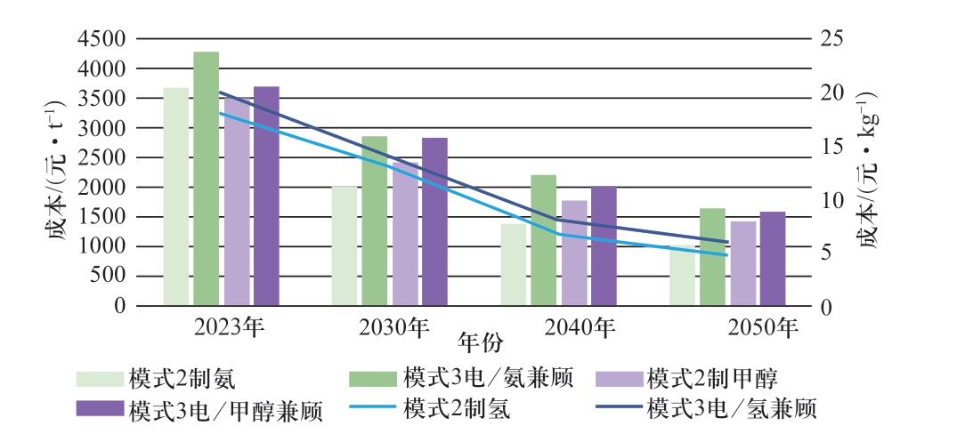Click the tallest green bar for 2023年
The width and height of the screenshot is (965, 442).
click(207, 178)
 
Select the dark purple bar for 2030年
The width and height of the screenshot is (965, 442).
click(434, 222)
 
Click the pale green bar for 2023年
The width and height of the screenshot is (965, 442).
click(176, 196)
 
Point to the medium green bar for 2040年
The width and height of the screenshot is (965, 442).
click(543, 240)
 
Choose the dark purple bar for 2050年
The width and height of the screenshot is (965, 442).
click(773, 259)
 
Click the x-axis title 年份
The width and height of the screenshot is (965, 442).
click(482, 342)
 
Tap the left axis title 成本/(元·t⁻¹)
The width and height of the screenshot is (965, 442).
click(51, 171)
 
